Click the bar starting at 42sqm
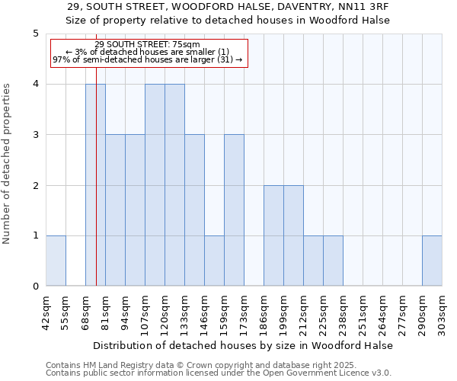point(56,261)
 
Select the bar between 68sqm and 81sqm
point(95,185)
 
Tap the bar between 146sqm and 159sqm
point(214,261)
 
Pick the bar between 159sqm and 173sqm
point(234,210)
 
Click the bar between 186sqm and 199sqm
point(273,235)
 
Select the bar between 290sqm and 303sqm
point(432,261)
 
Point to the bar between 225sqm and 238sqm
point(333,261)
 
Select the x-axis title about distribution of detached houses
point(244,345)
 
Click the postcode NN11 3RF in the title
point(359,7)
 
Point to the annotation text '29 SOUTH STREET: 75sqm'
point(148,44)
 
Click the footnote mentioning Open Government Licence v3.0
point(219,373)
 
